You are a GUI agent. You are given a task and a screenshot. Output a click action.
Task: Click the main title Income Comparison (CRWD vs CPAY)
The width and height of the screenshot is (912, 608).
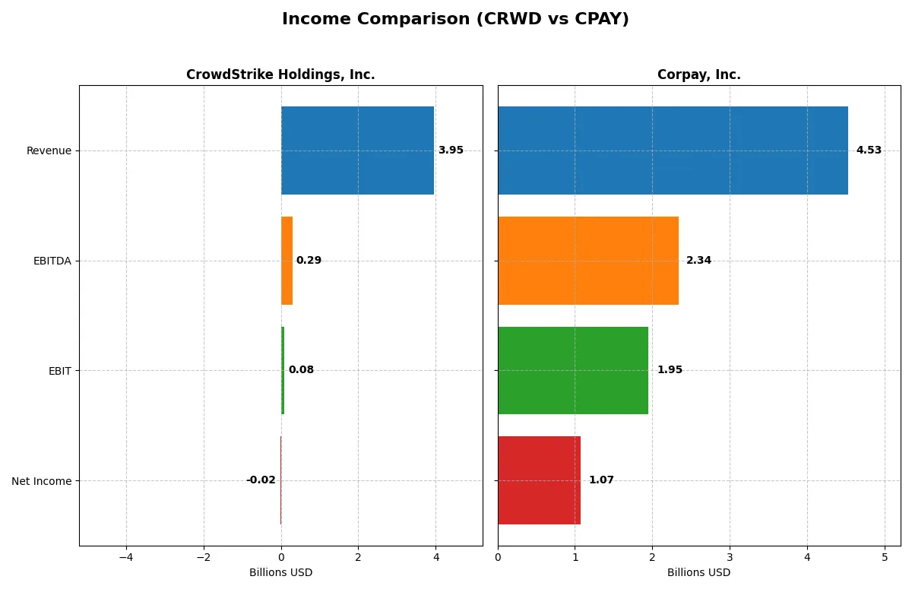click(455, 19)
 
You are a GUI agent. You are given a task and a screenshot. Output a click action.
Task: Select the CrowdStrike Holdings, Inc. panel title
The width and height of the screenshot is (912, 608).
click(280, 74)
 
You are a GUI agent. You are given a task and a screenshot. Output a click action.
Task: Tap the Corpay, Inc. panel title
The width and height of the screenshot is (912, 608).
click(698, 74)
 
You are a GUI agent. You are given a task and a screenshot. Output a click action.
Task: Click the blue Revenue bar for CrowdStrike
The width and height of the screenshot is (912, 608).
click(357, 150)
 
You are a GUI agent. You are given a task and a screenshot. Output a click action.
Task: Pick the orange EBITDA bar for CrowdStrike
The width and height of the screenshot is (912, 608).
click(287, 261)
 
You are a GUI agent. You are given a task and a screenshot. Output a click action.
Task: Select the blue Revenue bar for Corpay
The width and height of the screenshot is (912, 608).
click(673, 150)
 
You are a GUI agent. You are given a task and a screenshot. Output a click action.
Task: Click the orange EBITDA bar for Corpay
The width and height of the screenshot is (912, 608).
click(588, 261)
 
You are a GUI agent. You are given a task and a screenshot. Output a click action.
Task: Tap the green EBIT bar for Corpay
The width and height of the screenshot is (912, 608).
click(573, 370)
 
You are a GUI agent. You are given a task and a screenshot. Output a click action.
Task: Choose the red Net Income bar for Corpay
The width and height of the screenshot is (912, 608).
click(539, 480)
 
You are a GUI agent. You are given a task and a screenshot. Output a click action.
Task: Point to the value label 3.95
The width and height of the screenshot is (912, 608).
click(451, 150)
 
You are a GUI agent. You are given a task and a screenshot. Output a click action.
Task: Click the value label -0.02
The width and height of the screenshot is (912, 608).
click(261, 480)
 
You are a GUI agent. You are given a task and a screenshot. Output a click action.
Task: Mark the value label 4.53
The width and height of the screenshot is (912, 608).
click(869, 150)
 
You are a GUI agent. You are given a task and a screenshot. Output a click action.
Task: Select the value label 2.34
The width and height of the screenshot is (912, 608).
click(698, 261)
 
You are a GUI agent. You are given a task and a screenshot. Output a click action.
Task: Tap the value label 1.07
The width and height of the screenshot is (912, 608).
click(601, 480)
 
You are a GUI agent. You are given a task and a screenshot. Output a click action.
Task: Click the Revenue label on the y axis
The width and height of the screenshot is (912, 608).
click(49, 150)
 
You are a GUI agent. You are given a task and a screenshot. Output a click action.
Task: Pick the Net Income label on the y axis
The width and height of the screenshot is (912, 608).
click(42, 481)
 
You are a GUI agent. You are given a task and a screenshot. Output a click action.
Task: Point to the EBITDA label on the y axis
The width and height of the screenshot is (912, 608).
click(52, 261)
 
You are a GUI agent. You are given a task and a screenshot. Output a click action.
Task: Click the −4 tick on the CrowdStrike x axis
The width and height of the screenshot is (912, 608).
click(126, 557)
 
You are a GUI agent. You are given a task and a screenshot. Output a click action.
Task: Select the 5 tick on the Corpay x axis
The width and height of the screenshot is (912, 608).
click(885, 557)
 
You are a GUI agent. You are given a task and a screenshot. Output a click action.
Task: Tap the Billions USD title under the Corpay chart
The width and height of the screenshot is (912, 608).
click(698, 573)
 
